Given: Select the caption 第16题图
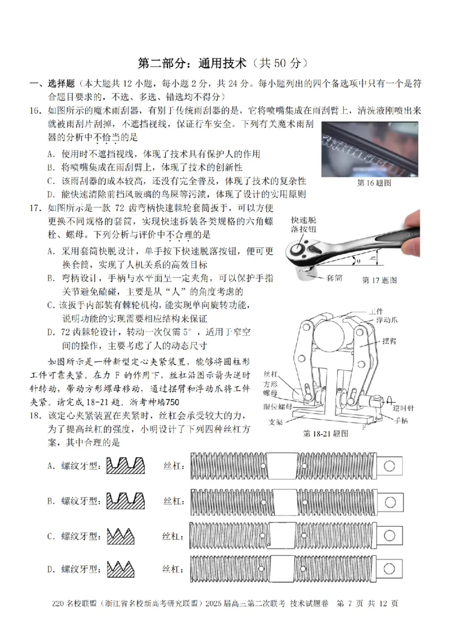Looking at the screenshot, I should click(x=374, y=183).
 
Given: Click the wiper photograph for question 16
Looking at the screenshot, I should click(x=371, y=148).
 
